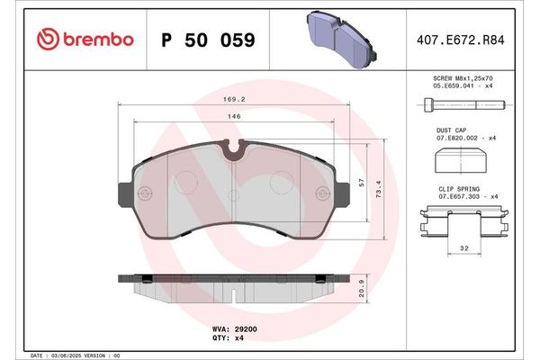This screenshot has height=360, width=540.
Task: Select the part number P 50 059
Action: coord(207,40)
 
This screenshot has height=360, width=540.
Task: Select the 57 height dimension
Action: coord(362,182)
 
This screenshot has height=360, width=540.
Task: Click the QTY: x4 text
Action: coord(226,340)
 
